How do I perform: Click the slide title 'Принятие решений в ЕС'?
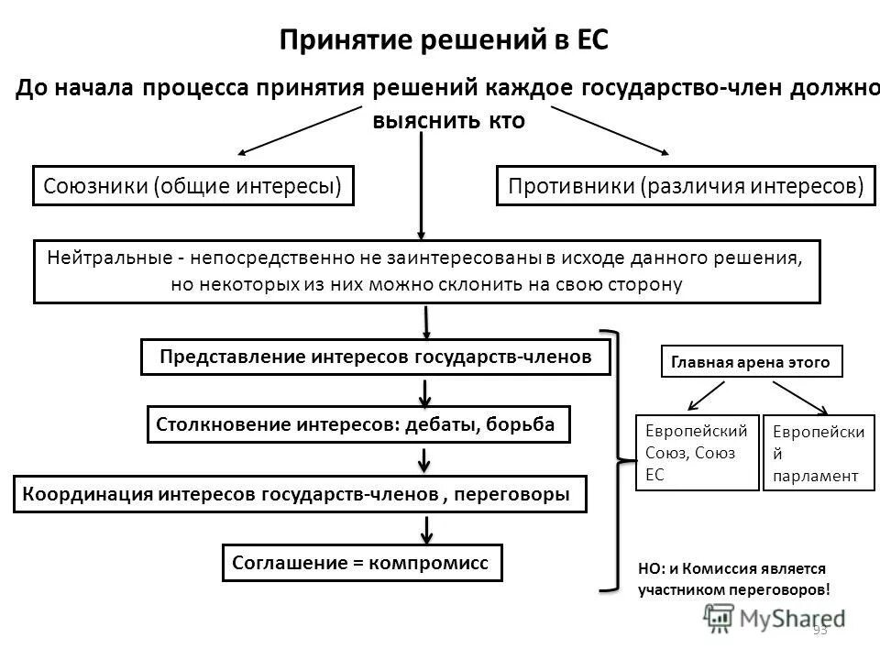tap(444, 41)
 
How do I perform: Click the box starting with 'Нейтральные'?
tap(426, 271)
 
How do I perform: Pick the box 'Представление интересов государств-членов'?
tap(376, 357)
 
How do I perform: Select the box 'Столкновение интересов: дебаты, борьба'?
tap(358, 425)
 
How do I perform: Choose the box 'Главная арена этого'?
tap(751, 362)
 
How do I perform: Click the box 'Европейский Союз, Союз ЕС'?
tap(697, 453)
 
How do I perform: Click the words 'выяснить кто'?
tap(449, 122)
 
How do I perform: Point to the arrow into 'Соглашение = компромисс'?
tap(426, 529)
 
